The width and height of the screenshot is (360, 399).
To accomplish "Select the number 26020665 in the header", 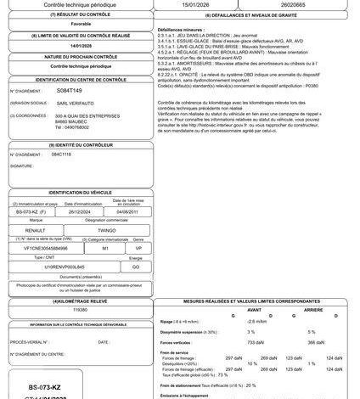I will pyautogui.click(x=307, y=4).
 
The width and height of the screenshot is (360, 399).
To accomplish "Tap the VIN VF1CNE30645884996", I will pyautogui.click(x=60, y=247).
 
